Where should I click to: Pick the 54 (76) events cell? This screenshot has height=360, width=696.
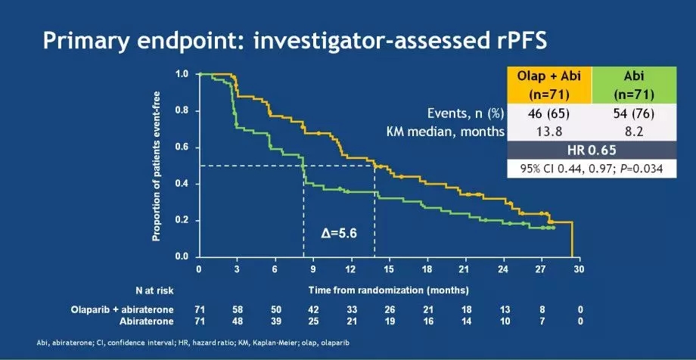pyautogui.click(x=633, y=114)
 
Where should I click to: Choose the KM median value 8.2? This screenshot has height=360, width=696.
pyautogui.click(x=633, y=132)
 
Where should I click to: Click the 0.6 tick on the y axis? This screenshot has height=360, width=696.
pyautogui.click(x=182, y=147)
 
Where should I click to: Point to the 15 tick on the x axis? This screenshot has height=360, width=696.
pyautogui.click(x=389, y=269)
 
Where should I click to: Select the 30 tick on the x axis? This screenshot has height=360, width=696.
pyautogui.click(x=579, y=269)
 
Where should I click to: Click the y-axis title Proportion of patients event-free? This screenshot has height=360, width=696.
pyautogui.click(x=157, y=165)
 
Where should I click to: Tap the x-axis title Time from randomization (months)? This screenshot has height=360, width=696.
pyautogui.click(x=388, y=290)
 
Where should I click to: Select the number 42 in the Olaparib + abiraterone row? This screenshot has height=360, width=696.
pyautogui.click(x=312, y=309)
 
